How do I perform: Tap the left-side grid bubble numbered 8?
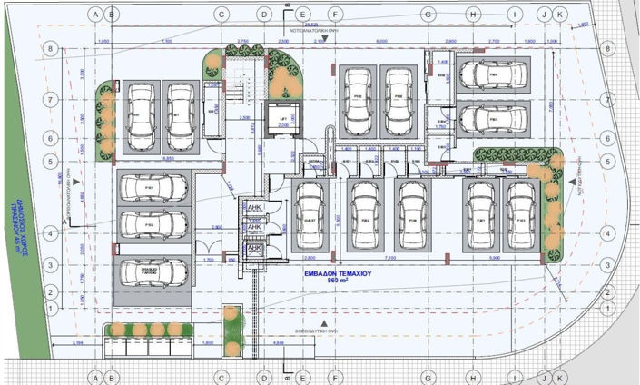click(x=53, y=49)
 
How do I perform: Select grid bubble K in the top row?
click(x=559, y=15)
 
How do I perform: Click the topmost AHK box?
click(x=255, y=209)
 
